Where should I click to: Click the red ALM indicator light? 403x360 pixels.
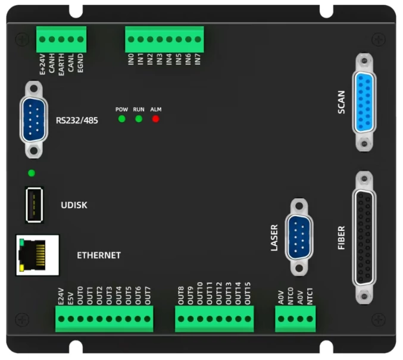tap(156, 118)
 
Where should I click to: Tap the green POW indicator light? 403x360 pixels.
tap(121, 118)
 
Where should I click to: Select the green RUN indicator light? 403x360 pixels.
tap(139, 118)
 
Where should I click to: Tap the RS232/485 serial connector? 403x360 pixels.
tap(36, 120)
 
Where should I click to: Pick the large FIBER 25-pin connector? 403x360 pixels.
tap(364, 237)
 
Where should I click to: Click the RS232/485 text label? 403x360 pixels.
tap(77, 120)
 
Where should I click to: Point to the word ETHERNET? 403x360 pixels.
tap(99, 255)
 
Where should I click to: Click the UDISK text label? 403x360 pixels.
tap(74, 205)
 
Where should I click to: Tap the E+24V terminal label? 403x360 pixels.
tap(42, 63)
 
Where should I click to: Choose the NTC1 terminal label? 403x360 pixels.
tap(310, 297)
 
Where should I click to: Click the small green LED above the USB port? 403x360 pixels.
tap(31, 173)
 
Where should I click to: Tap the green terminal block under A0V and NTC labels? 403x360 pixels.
tap(295, 320)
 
